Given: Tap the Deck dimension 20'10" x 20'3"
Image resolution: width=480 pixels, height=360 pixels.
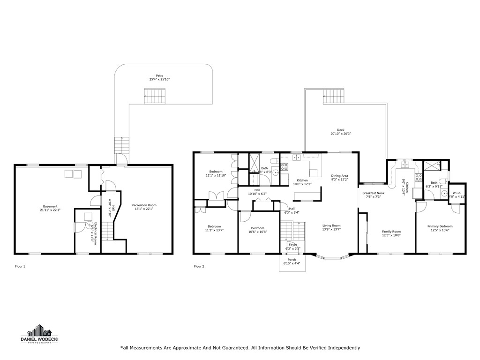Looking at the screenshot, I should pos(341,134).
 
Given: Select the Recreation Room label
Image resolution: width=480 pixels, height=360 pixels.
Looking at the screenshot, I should pos(144,205).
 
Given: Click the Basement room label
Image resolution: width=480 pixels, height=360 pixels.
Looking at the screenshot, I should pos(50,206).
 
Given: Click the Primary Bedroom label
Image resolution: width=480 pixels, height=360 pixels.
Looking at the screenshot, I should pos(440,226).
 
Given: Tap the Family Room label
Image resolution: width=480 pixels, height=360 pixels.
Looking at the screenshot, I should pos(391,231).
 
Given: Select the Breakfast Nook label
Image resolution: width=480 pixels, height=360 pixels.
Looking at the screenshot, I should pos(373,193).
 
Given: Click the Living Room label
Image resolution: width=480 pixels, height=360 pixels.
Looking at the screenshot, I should pos(331,225).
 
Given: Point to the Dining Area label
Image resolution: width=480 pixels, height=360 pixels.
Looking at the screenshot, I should pos(340,175).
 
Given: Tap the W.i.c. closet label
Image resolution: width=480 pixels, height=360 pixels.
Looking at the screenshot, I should pos(457,193).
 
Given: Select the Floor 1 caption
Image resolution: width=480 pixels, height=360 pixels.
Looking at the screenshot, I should pos(20,266).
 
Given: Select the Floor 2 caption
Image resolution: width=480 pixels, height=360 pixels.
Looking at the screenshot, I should pos(199,266).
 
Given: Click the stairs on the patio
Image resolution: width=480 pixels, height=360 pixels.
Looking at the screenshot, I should pos(155,97).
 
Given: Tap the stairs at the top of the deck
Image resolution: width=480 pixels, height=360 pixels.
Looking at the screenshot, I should pos(334,98).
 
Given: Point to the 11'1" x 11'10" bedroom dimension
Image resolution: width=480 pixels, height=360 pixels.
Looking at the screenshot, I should pos(216,175).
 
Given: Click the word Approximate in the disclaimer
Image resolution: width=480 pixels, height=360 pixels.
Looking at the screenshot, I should pos(175,348).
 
